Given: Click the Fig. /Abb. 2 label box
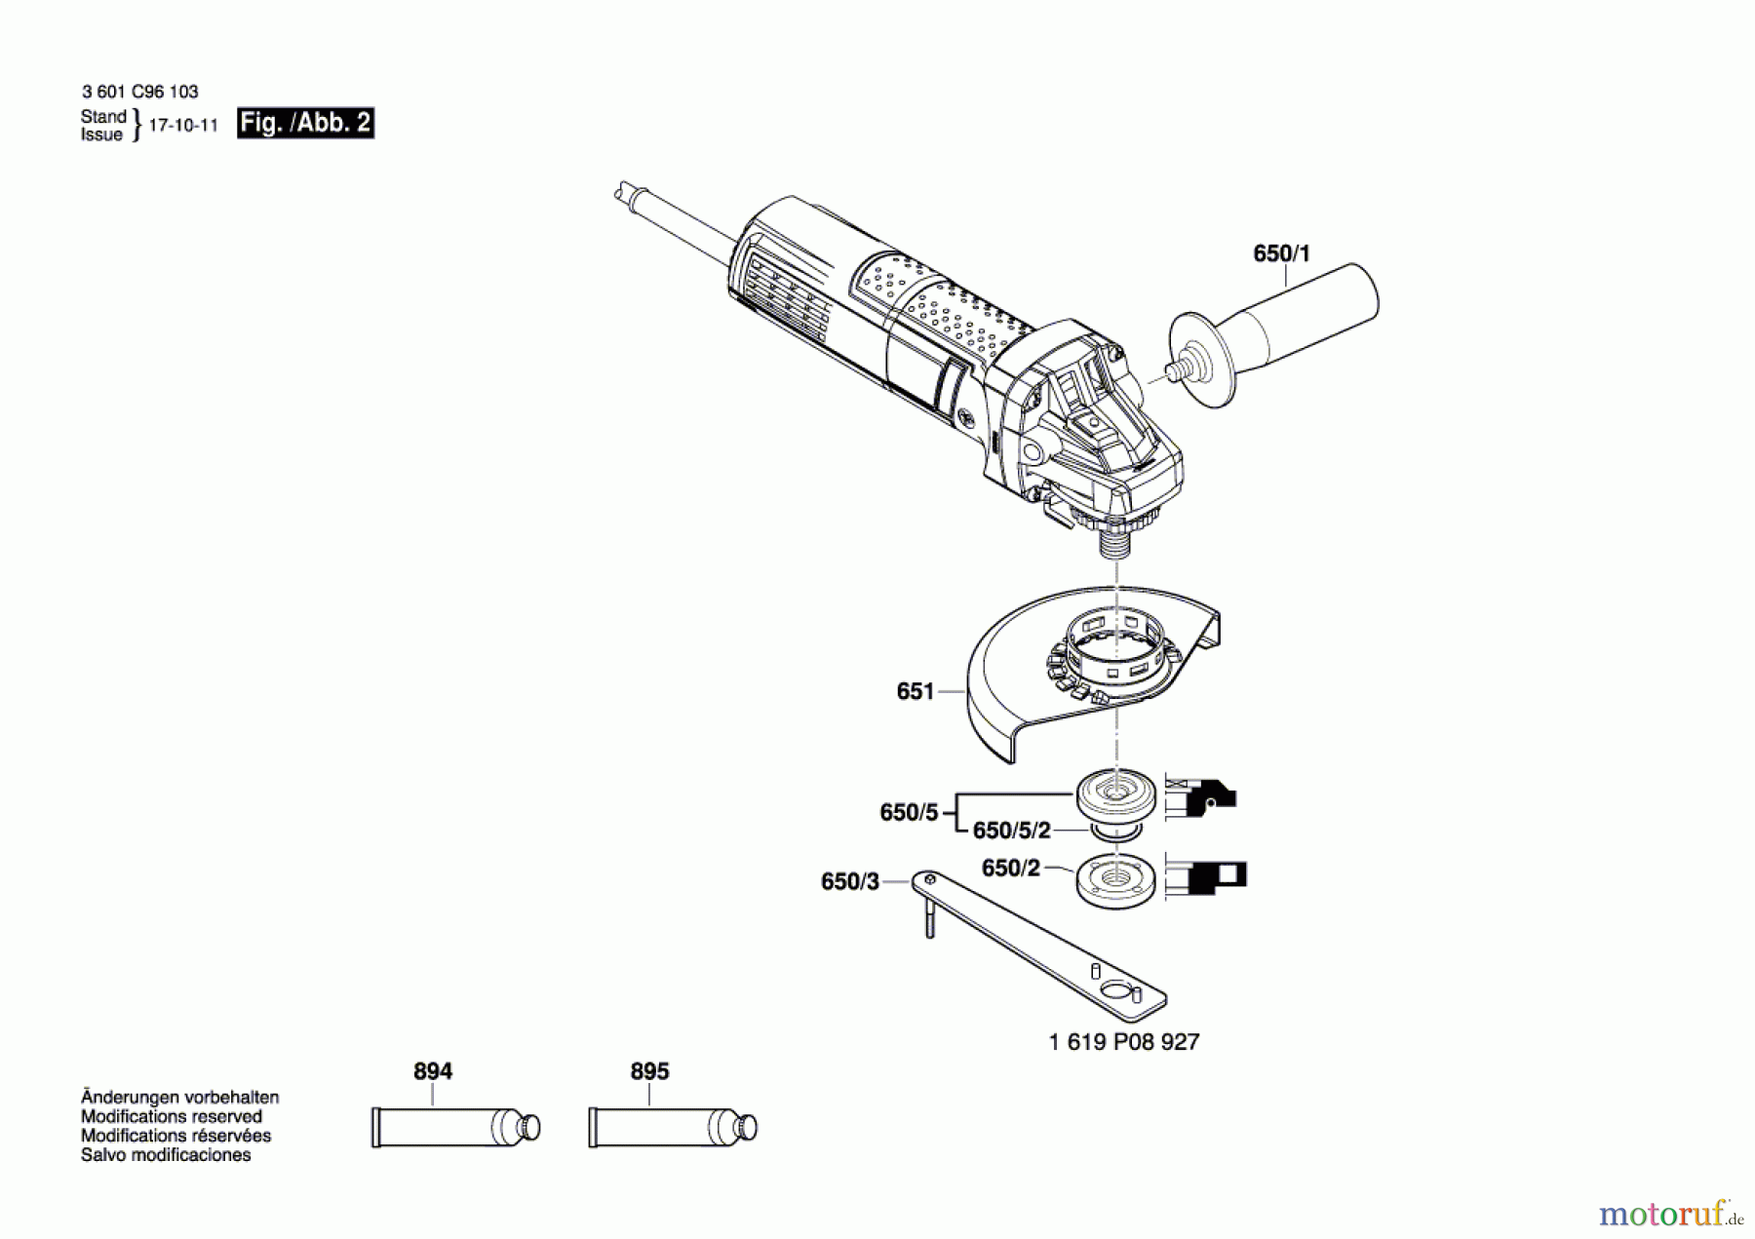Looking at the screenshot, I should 305,123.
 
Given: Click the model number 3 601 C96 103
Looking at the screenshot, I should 139,92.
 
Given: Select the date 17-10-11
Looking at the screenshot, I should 183,126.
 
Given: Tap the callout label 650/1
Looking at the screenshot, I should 1281,253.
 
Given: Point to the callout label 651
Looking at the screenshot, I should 915,691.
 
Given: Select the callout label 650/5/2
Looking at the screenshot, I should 1011,831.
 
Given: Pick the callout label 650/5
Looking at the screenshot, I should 908,812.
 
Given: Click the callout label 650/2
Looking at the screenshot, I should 1010,868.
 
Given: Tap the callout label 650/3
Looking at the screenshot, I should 849,881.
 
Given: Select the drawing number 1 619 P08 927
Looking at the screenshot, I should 1123,1042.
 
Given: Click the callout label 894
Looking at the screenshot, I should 433,1071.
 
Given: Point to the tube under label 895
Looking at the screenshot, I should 672,1128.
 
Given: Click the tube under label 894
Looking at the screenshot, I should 455,1128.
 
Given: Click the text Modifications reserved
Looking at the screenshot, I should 172,1116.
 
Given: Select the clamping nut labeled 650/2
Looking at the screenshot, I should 1117,882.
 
